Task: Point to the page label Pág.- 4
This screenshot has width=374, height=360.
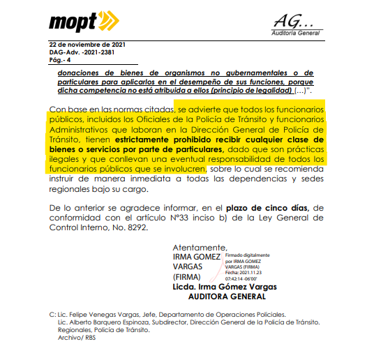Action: click(x=60, y=61)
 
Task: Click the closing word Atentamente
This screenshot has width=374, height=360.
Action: click(x=200, y=247)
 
